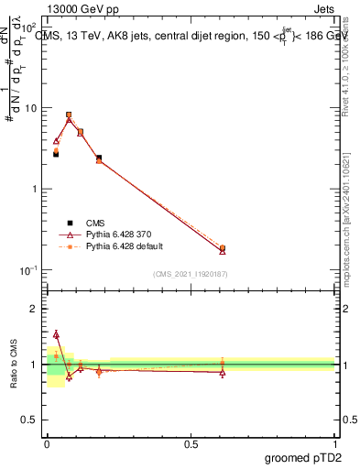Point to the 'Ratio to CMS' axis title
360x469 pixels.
14,365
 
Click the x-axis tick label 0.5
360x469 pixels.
191,443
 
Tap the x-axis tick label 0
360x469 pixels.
47,443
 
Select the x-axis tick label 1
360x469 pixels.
334,443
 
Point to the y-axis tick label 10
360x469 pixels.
30,109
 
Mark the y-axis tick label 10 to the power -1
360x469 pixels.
28,270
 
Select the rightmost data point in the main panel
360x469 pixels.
223,248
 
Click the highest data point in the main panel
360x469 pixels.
69,115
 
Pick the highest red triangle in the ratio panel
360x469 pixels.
56,334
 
